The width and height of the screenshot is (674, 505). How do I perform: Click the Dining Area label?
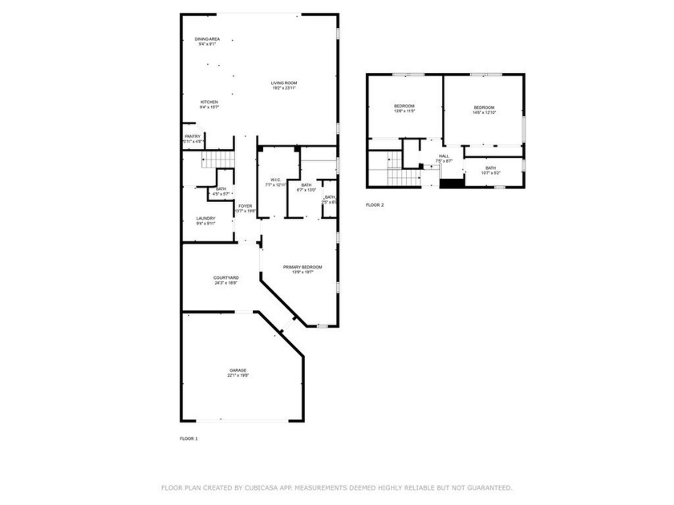(207, 41)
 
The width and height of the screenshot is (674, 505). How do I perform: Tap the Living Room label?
(283, 85)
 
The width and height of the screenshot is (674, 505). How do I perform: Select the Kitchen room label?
(209, 104)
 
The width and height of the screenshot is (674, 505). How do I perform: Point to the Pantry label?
(193, 139)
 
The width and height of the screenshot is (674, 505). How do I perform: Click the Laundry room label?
(206, 220)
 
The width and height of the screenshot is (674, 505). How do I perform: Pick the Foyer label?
(246, 208)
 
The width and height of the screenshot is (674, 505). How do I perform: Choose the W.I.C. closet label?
(275, 182)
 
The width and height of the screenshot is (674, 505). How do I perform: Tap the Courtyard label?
(224, 280)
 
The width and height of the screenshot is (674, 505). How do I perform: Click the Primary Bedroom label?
(302, 269)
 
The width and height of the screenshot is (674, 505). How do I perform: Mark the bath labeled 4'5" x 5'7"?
(221, 192)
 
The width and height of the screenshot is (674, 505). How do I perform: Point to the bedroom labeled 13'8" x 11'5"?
(404, 109)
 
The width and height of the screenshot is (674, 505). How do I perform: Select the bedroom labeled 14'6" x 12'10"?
(484, 110)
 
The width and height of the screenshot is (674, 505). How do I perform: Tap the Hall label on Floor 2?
(444, 158)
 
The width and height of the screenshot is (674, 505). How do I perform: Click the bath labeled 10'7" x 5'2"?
(490, 171)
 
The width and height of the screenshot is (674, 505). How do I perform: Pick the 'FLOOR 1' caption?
(189, 438)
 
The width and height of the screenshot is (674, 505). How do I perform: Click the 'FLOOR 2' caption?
(375, 205)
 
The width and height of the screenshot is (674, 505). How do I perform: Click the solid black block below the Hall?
(452, 183)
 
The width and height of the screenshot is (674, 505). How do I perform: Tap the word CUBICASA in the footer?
(265, 487)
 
